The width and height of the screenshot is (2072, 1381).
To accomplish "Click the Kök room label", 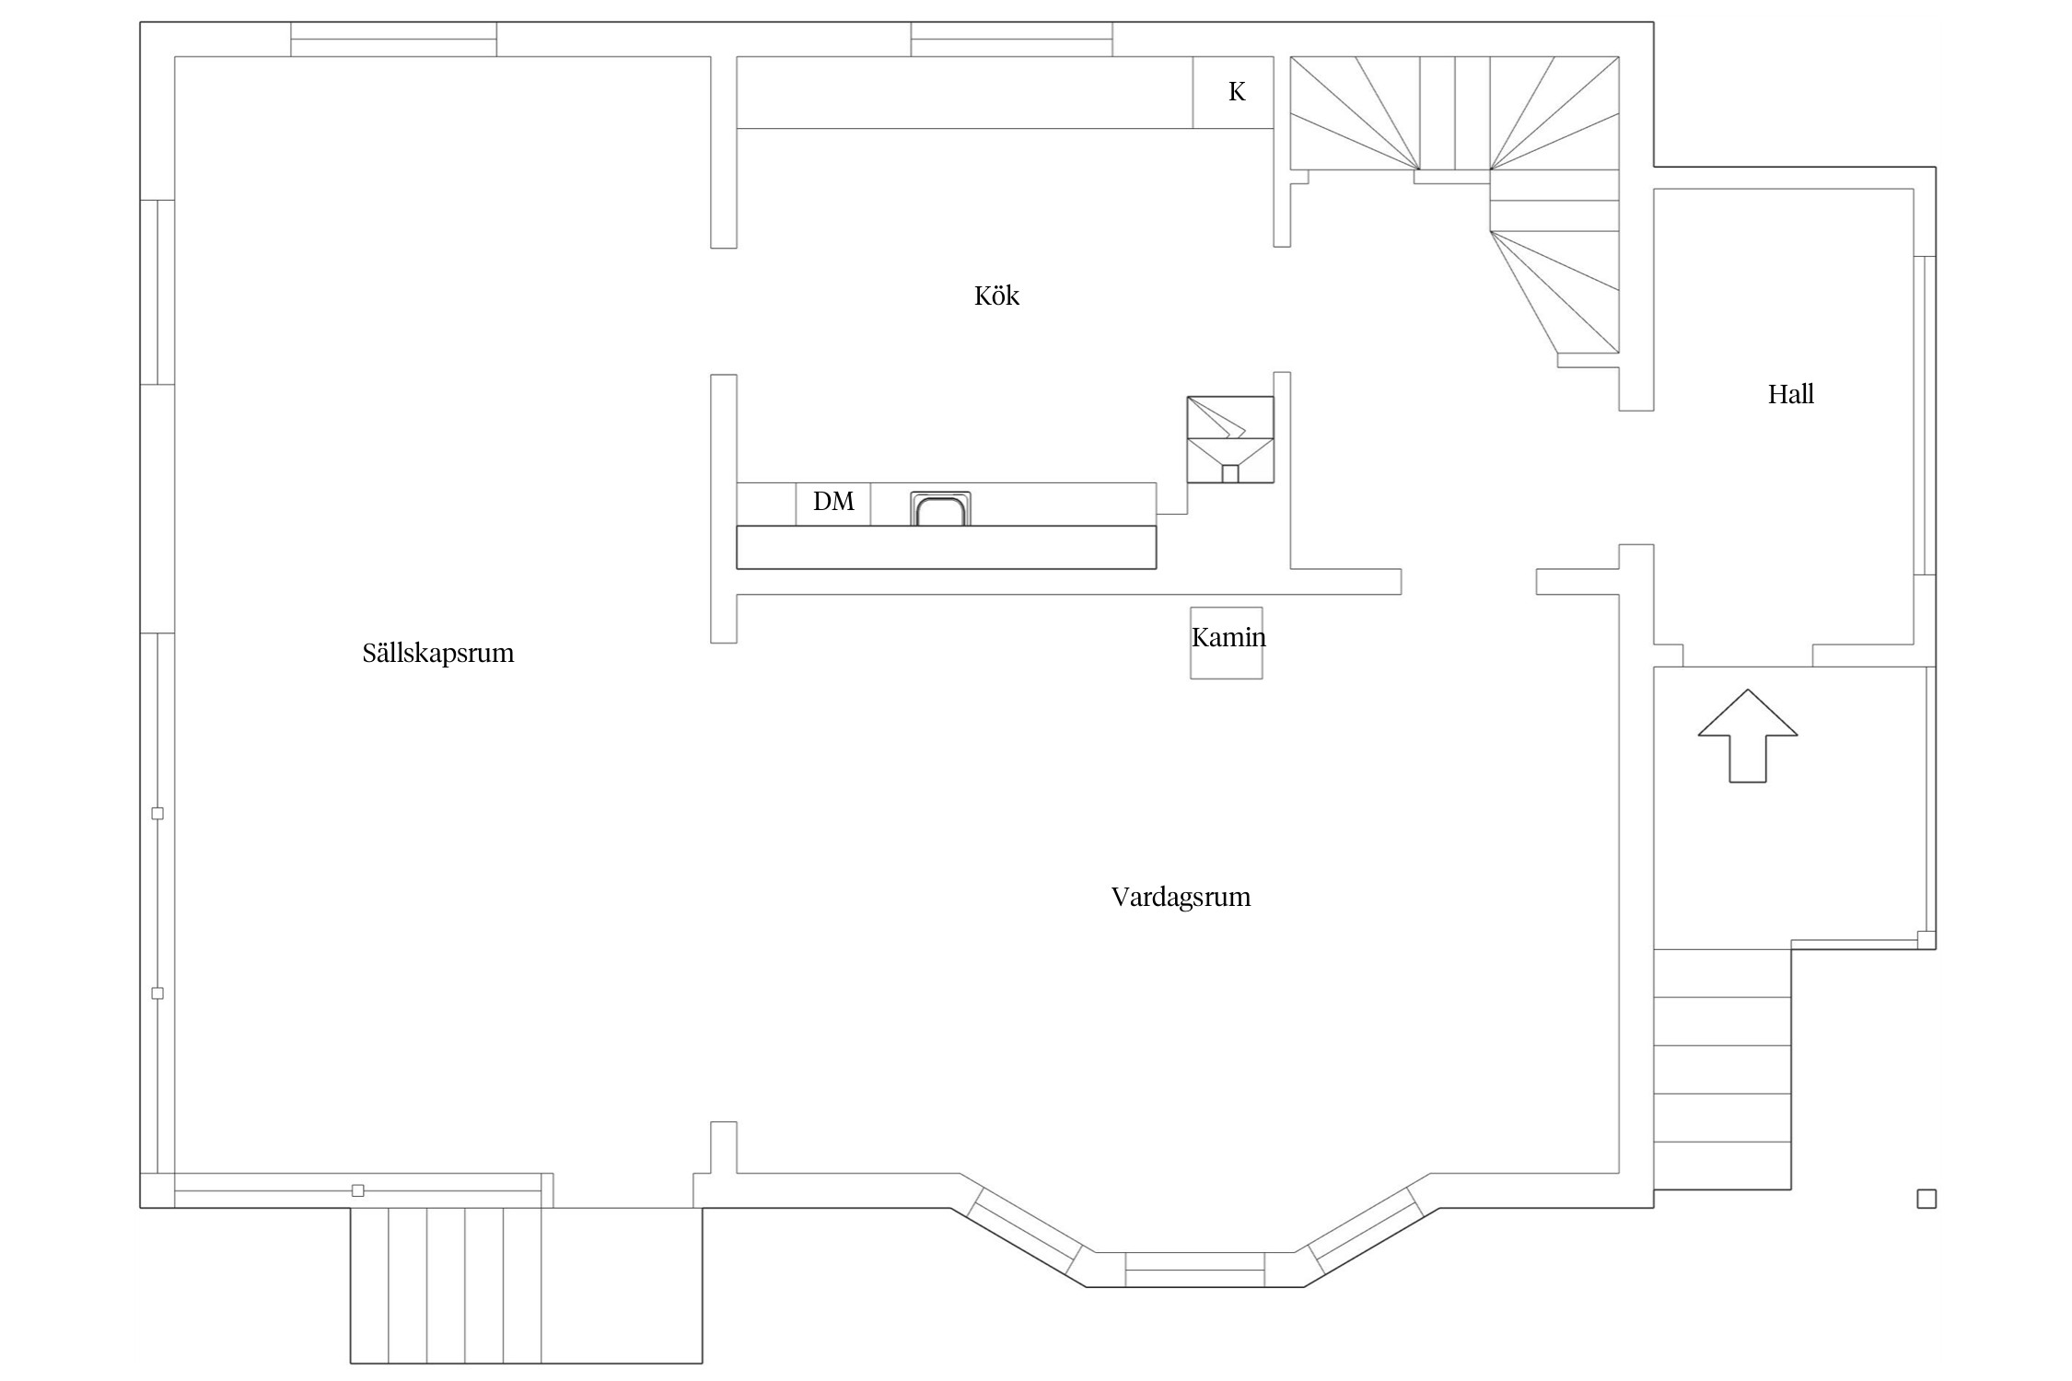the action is click(x=996, y=296).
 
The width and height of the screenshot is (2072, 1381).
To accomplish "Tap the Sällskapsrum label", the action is click(x=438, y=654).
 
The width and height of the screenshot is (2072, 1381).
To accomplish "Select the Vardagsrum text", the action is click(x=1181, y=898).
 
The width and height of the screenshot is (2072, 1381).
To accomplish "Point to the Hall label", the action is click(x=1790, y=394).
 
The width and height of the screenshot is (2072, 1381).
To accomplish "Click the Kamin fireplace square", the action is click(x=1226, y=643).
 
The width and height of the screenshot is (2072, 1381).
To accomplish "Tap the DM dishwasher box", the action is click(x=833, y=504).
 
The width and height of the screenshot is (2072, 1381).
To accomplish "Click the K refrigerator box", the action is click(x=1233, y=92).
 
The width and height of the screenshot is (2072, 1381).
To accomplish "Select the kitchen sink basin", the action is click(x=940, y=509).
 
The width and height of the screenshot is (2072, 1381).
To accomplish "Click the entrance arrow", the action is click(x=1747, y=736).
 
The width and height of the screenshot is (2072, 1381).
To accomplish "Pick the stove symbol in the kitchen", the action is click(x=1230, y=439).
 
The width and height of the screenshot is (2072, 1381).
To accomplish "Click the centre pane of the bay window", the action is click(x=1194, y=1270).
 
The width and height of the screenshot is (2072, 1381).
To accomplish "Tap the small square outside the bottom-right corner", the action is click(x=1926, y=1199).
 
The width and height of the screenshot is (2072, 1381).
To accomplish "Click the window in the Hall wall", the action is click(x=1925, y=415).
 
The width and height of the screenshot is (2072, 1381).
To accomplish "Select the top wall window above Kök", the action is click(x=1011, y=40).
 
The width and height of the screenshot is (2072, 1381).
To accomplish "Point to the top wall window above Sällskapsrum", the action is click(x=393, y=40).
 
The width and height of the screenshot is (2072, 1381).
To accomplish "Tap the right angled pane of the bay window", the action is click(x=1366, y=1230).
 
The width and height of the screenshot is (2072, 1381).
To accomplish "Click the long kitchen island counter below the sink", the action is click(x=946, y=547).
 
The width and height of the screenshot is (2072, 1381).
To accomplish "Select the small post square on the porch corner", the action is click(x=1926, y=939).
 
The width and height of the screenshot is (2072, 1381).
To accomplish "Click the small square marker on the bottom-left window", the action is click(x=358, y=1190).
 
